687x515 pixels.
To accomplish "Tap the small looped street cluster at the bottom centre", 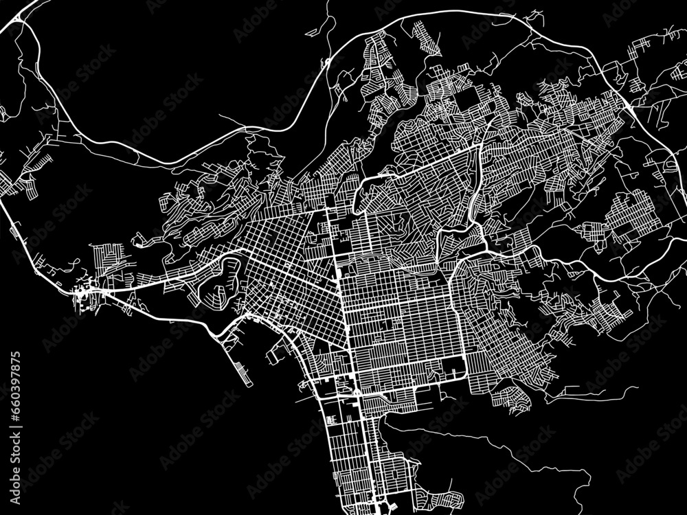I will click(x=440, y=499).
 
